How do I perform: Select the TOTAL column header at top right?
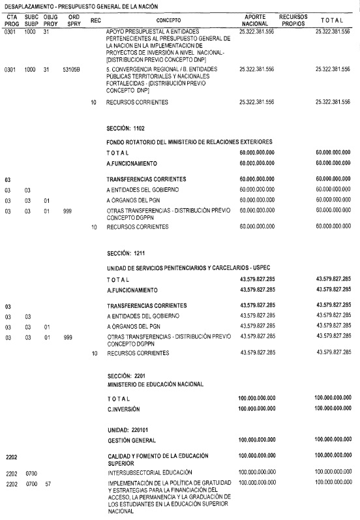click(x=332, y=21)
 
